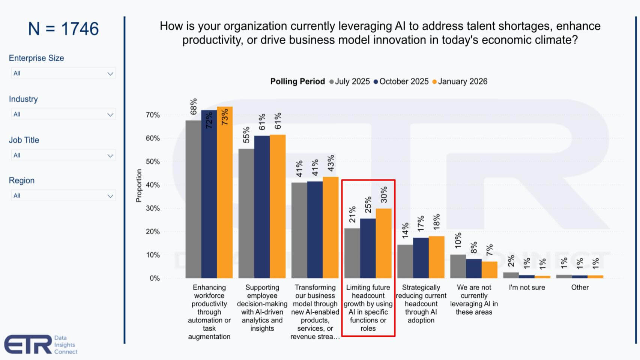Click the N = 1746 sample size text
point(63,29)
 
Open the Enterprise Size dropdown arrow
point(110,74)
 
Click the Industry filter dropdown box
point(63,114)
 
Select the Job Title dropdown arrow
point(110,155)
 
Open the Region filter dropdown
point(63,196)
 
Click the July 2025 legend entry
point(350,81)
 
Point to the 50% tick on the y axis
point(153,162)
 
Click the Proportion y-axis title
point(139,185)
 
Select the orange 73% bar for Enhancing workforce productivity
point(224,192)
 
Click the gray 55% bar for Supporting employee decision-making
point(246,213)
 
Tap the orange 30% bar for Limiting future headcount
point(383,243)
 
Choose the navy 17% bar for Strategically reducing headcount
point(421,258)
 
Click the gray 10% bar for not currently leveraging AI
point(458,266)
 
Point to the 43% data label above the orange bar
point(331,163)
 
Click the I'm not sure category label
point(527,288)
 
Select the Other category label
point(580,288)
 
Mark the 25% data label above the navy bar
point(368,205)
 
